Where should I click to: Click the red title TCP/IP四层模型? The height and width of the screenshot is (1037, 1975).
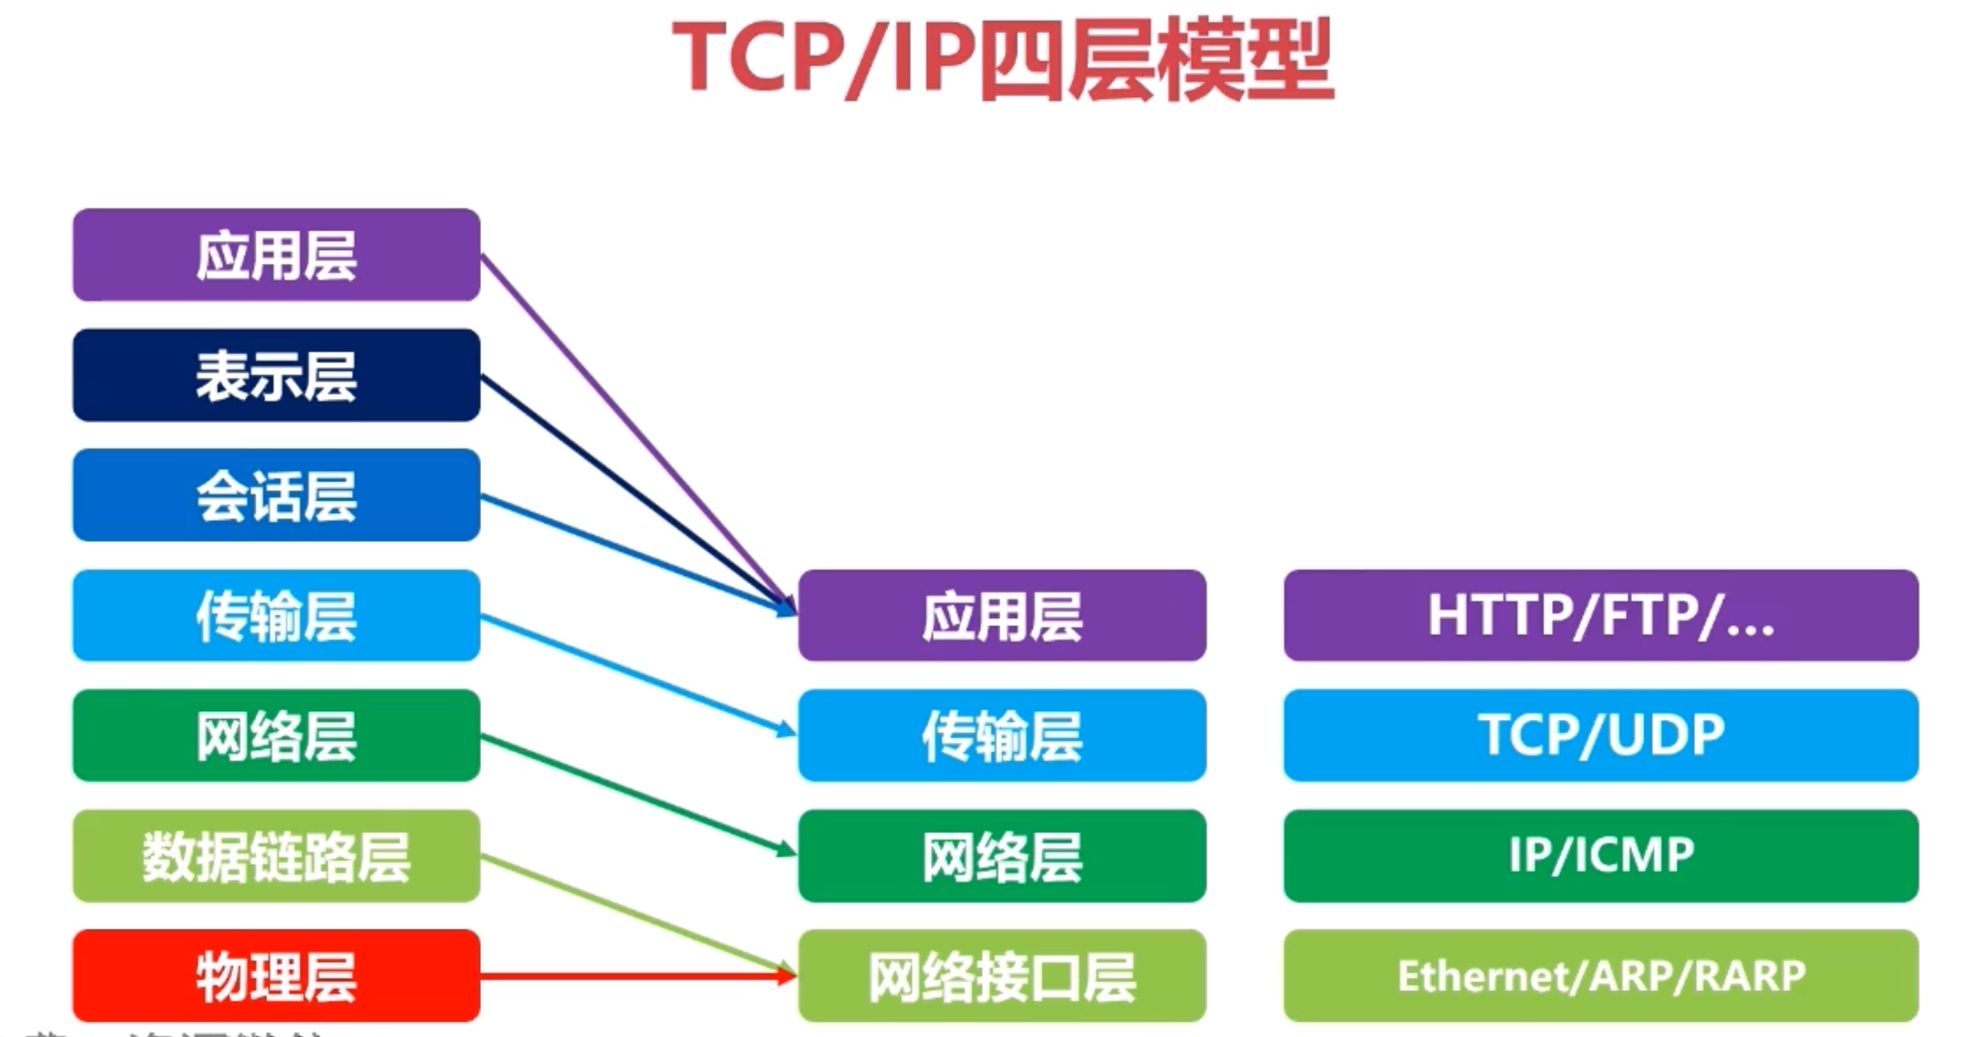coord(1003,58)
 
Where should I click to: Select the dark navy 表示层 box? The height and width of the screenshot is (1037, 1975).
coord(277,375)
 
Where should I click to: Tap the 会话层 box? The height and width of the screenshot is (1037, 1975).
coord(277,495)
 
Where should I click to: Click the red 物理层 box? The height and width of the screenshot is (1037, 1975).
coord(277,976)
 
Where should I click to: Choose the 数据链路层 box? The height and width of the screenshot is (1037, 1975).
coord(277,856)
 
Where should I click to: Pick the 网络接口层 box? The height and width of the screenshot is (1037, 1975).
coord(1001,976)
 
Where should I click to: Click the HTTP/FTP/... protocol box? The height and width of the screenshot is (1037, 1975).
coord(1601,616)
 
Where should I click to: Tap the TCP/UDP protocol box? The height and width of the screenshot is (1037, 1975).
coord(1601,735)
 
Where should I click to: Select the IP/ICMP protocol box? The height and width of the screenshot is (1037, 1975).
coord(1601,856)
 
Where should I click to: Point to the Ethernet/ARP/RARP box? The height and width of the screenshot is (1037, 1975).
coord(1601,976)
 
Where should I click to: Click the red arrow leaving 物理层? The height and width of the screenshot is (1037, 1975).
coord(631,976)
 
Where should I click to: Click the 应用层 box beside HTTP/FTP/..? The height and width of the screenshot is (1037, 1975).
coord(1001,616)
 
